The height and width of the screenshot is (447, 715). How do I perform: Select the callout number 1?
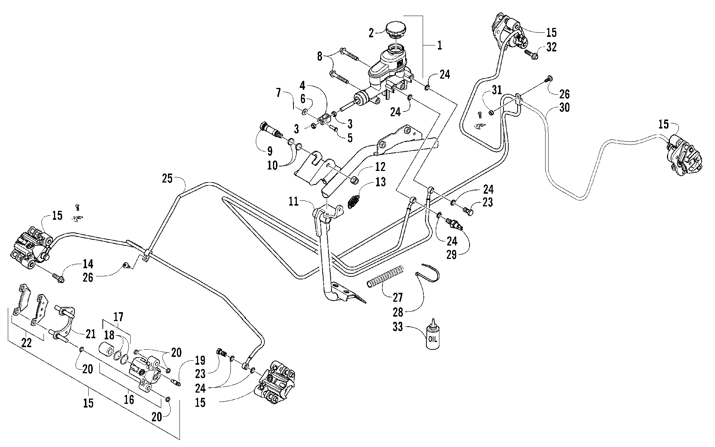pos(439,46)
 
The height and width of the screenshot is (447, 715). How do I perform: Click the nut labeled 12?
pos(355,180)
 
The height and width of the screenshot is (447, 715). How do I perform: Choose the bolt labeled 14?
pos(58,278)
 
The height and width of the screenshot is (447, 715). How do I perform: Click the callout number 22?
pos(27,343)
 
